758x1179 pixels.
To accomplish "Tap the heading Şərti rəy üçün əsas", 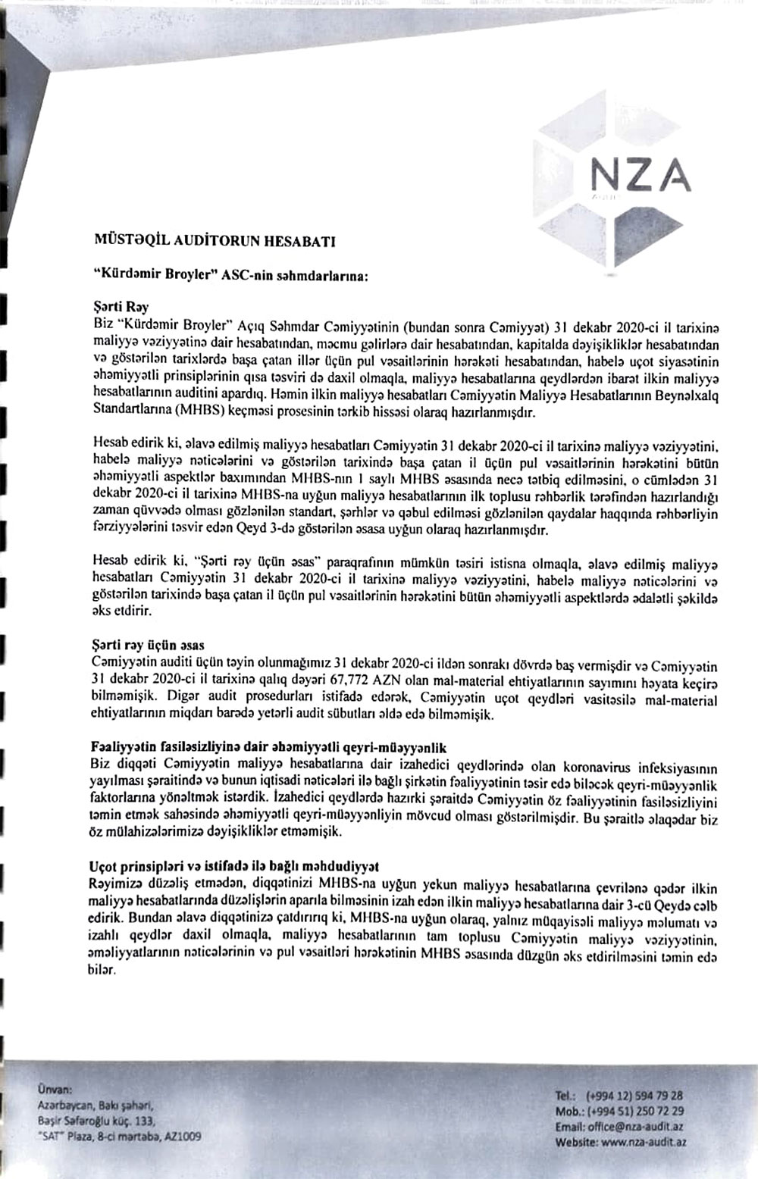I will coord(148,646).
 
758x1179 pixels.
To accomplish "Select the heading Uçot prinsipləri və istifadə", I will coord(235,864).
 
